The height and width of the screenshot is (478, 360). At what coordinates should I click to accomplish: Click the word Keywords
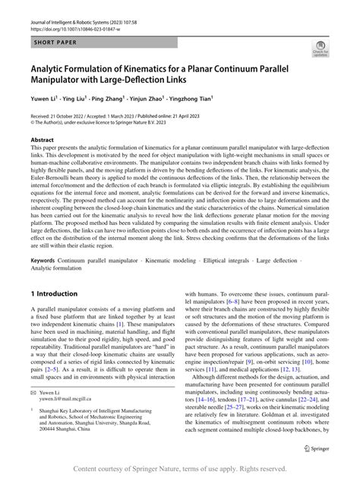pos(45,239)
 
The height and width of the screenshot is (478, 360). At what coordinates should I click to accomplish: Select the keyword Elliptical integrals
pos(223,239)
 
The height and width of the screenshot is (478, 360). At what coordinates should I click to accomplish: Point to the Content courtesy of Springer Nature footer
pos(179,469)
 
